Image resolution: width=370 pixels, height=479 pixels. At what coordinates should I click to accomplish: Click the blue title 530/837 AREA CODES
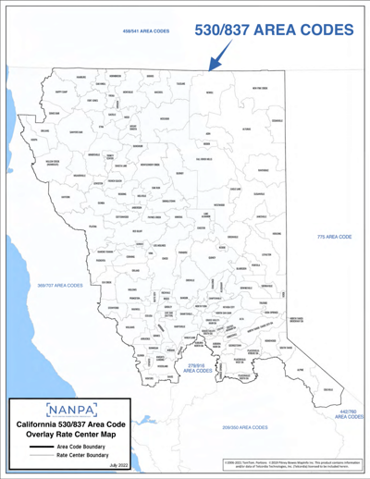tap(274, 31)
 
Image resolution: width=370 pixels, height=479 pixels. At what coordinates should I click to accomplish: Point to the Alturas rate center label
tap(246, 129)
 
